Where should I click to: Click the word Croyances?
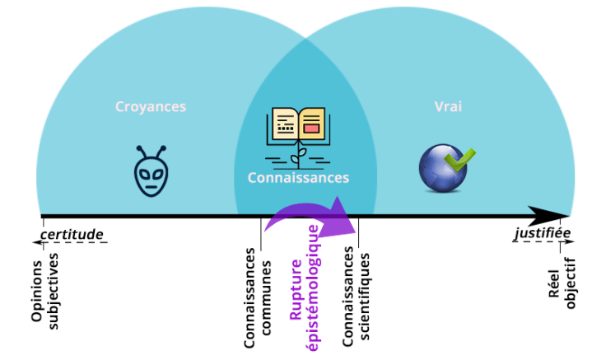151,107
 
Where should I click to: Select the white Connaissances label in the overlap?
299,178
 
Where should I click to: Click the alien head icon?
151,168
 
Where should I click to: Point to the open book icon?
298,128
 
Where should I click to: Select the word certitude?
72,235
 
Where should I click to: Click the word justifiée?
541,234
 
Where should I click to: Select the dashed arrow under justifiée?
542,243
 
